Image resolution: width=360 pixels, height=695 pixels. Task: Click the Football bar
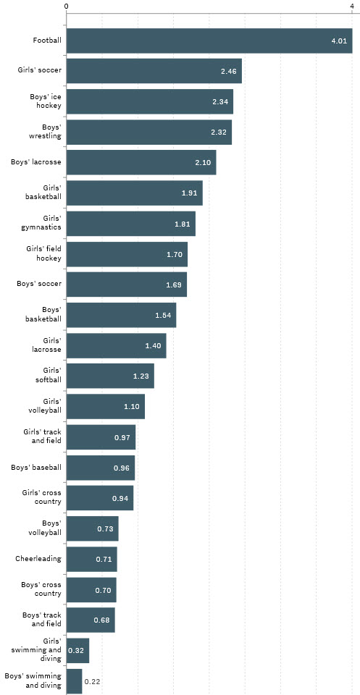(209, 41)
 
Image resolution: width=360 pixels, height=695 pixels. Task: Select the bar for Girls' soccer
(154, 71)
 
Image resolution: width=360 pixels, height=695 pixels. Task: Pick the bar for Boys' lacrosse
(141, 162)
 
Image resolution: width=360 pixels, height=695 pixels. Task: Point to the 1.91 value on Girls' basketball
(191, 193)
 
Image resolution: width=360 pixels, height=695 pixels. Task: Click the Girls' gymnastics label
(42, 223)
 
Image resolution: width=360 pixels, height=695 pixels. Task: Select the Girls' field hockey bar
(127, 253)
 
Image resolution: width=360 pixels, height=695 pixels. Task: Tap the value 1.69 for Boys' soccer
(174, 285)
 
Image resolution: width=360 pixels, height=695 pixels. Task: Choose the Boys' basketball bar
(121, 315)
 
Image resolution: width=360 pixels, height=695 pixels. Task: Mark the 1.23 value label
(141, 376)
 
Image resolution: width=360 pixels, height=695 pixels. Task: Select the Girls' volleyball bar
(106, 406)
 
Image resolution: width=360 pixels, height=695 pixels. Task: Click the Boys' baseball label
(36, 468)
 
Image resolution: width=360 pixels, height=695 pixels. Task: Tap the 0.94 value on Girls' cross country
(120, 499)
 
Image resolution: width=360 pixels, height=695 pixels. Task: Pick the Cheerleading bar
(91, 559)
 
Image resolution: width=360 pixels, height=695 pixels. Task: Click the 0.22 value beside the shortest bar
(92, 681)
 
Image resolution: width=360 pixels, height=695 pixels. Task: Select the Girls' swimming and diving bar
(78, 650)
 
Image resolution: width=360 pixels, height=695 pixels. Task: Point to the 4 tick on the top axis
(351, 7)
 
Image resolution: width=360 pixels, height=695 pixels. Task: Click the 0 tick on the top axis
(67, 7)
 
